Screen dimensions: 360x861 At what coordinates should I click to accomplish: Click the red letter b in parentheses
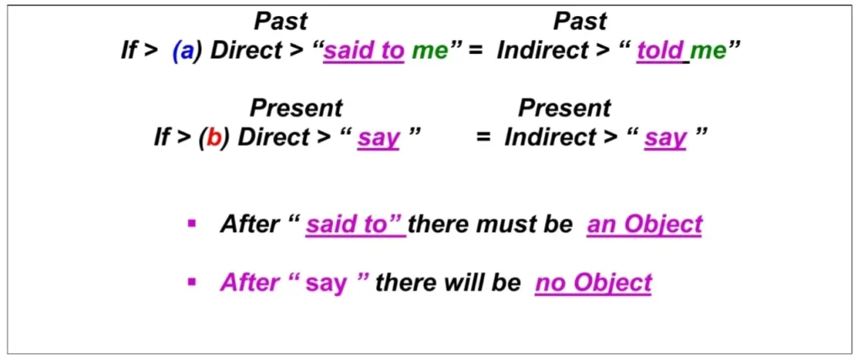point(214,138)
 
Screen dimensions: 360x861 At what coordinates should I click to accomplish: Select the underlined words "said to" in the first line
point(364,50)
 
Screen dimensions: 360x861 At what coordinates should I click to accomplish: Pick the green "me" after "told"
point(708,51)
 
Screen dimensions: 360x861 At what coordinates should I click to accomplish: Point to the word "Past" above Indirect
point(580,21)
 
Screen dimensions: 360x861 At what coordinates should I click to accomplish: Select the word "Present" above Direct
point(296,109)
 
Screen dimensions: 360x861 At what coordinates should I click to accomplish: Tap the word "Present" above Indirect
point(564,109)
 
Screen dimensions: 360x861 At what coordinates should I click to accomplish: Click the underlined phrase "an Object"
point(644,225)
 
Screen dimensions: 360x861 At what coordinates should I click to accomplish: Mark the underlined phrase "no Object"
point(593,283)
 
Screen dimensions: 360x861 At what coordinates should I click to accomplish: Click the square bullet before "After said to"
point(192,224)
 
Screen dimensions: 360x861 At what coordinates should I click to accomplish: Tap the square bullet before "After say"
point(192,282)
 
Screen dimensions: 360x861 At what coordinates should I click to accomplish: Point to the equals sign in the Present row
point(483,138)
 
